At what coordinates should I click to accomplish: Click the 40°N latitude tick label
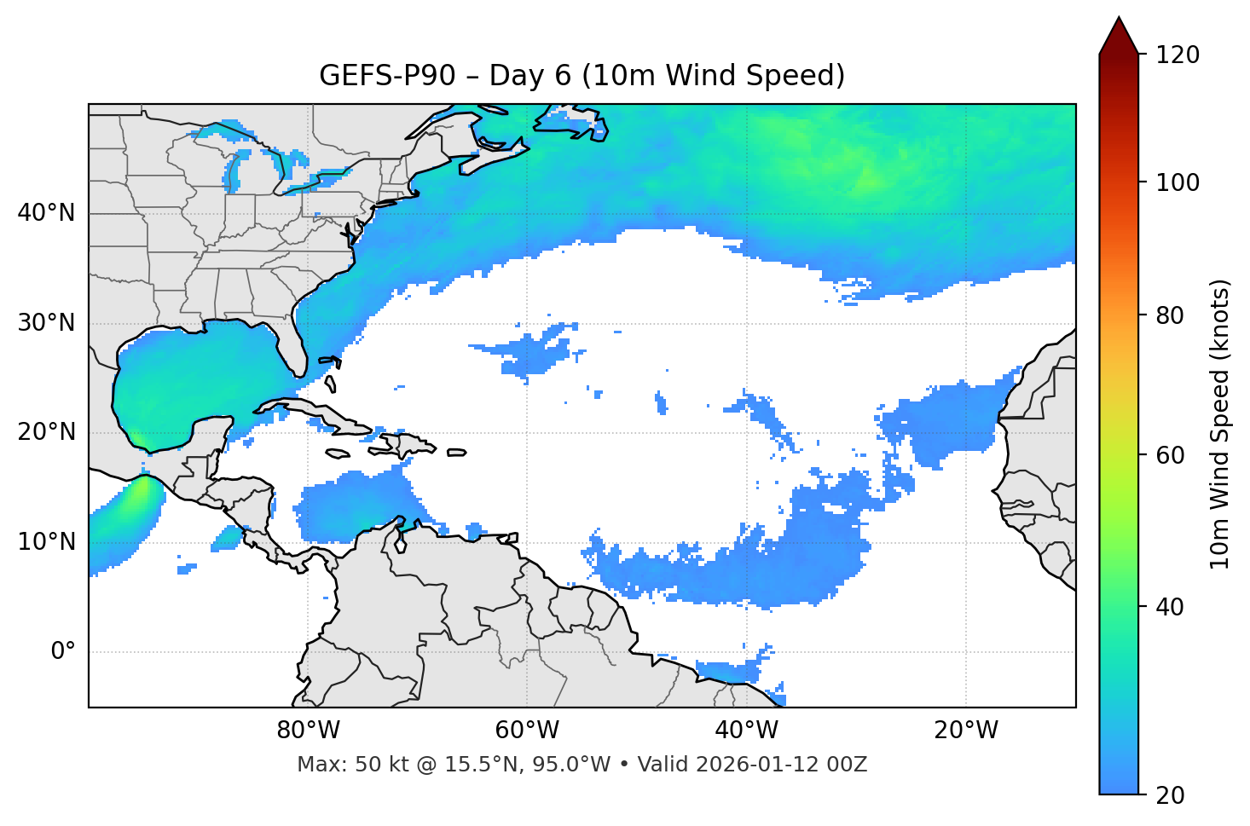tap(46, 213)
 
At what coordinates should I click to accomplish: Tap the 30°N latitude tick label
tap(46, 323)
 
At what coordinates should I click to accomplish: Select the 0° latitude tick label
tap(63, 652)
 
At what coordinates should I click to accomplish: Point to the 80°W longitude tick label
tap(308, 731)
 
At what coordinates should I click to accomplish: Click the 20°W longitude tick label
tap(966, 731)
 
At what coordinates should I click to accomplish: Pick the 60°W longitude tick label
tap(527, 731)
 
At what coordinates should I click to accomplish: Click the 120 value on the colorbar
tap(1178, 55)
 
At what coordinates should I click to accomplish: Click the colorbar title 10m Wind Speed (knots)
tap(1220, 424)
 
